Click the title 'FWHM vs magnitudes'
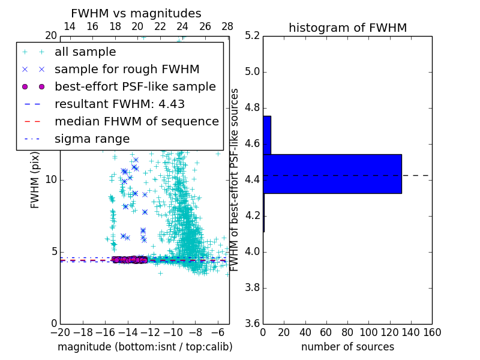coord(136,13)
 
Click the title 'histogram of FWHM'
coord(347,28)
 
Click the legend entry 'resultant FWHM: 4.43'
coord(119,104)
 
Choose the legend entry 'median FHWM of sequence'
coord(136,122)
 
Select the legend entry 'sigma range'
coord(92,139)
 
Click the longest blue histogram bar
coord(332,173)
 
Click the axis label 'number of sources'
coord(347,347)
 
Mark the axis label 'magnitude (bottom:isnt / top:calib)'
coord(145,347)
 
